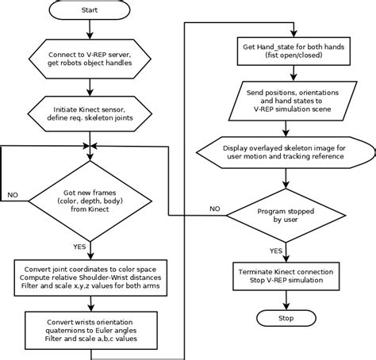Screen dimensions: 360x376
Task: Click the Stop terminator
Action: coord(286,318)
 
